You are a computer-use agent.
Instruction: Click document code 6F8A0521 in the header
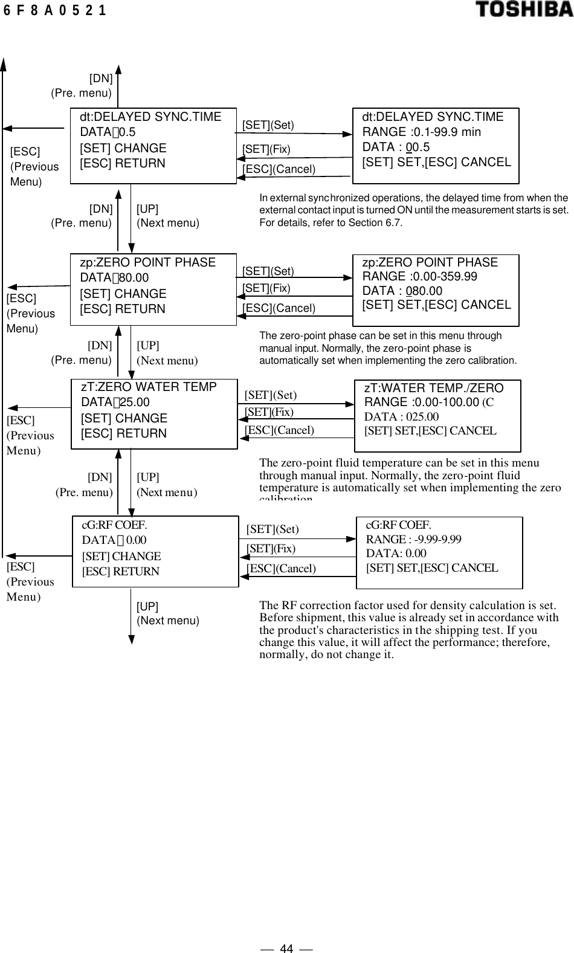coord(55,10)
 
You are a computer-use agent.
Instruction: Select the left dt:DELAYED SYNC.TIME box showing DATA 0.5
coord(153,146)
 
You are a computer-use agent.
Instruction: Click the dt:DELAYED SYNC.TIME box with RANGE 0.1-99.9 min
coord(435,146)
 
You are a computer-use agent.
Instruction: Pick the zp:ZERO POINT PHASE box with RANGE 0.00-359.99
coord(435,290)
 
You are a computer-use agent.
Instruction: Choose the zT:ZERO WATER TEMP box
coord(154,414)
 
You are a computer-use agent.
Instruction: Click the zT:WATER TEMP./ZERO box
coord(437,416)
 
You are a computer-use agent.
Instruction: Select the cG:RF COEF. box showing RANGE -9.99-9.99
coord(439,552)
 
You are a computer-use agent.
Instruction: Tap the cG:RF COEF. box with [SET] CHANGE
coord(155,551)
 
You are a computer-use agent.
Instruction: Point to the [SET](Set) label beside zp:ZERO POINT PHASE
coord(268,271)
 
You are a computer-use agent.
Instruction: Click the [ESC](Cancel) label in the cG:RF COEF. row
coord(281,568)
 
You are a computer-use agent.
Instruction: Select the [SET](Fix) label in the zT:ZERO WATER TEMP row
coord(269,412)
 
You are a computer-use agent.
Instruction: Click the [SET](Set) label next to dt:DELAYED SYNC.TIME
coord(268,125)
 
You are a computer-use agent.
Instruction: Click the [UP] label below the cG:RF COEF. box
coord(147,606)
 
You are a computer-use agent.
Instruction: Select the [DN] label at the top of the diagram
coord(101,78)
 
